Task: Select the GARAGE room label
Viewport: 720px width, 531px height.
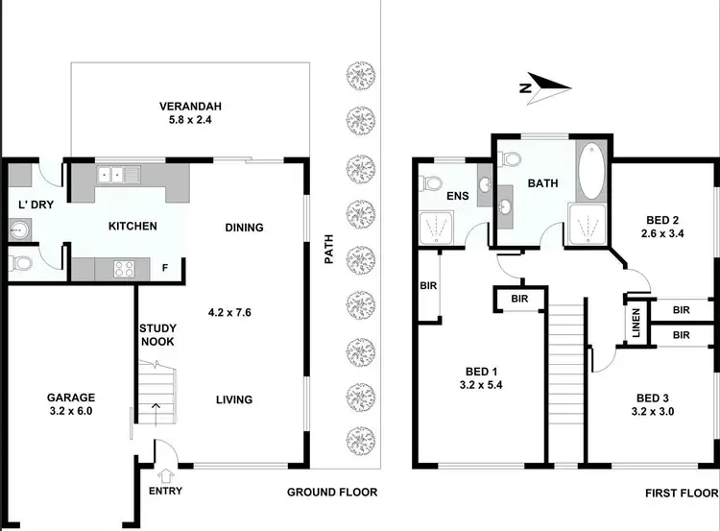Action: (x=70, y=398)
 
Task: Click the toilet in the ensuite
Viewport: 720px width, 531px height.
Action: (x=433, y=181)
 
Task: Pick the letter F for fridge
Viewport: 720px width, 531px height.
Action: (x=164, y=268)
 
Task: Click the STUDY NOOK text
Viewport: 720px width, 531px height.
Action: (x=156, y=332)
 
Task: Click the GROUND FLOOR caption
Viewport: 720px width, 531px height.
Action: (x=332, y=492)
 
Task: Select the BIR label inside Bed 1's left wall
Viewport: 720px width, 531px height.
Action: (x=428, y=285)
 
